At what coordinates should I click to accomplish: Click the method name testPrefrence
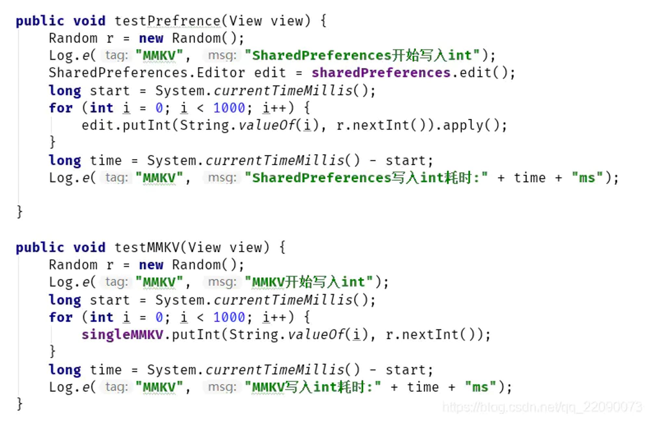click(168, 21)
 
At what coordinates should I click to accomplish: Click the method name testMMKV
click(147, 248)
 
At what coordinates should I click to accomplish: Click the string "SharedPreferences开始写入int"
click(362, 56)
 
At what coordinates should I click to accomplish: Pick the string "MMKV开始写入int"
click(309, 282)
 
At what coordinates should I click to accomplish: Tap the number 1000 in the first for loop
click(229, 108)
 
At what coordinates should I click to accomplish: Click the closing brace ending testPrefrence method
click(19, 212)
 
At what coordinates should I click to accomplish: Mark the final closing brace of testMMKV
click(19, 404)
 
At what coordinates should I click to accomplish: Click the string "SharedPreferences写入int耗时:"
click(366, 178)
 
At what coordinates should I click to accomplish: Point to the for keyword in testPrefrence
click(61, 108)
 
